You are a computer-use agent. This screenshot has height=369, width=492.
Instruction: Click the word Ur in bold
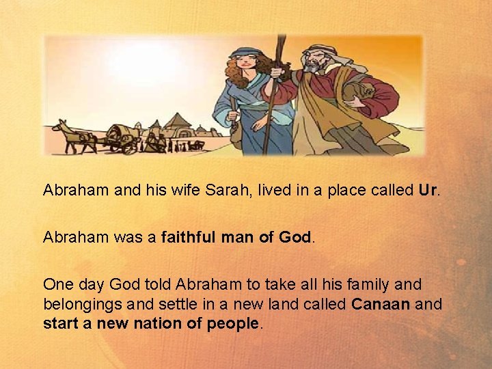pos(429,189)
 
